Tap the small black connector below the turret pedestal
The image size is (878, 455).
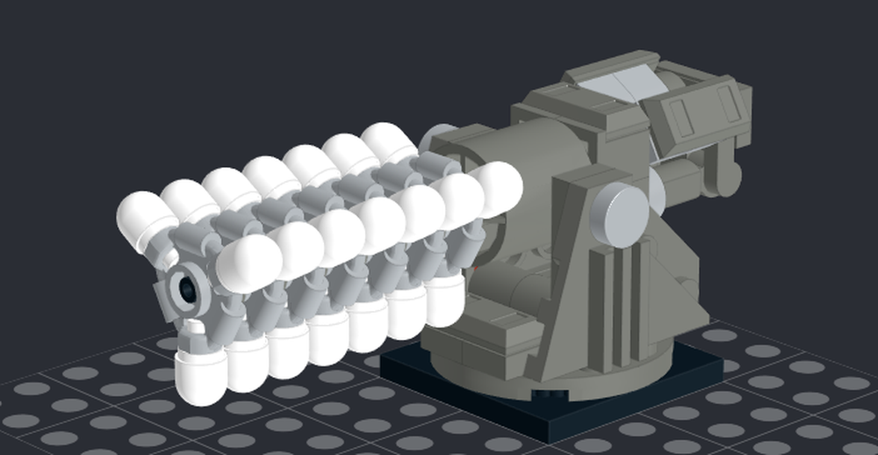[x=552, y=393]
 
